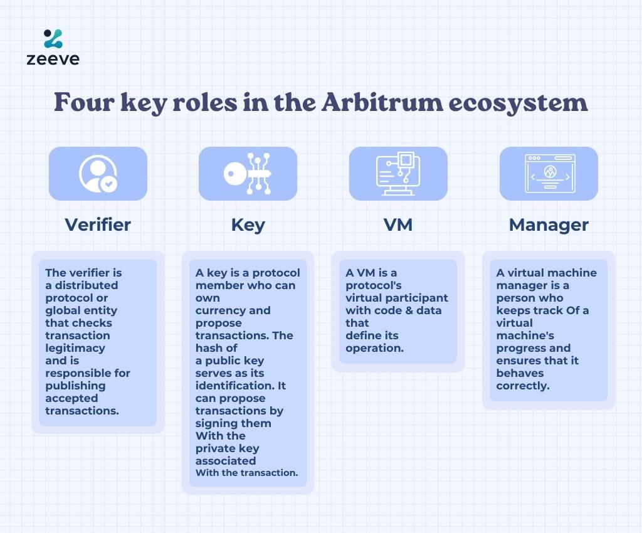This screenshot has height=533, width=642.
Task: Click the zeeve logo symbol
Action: pyautogui.click(x=53, y=38)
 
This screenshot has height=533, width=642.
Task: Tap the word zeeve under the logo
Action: pyautogui.click(x=53, y=60)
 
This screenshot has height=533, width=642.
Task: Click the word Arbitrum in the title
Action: pyautogui.click(x=382, y=102)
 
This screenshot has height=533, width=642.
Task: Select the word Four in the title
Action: pyautogui.click(x=84, y=102)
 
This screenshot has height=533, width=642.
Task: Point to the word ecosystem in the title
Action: pyautogui.click(x=518, y=103)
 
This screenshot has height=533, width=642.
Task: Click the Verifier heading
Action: pyautogui.click(x=98, y=224)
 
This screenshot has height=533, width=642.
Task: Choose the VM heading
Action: pyautogui.click(x=398, y=224)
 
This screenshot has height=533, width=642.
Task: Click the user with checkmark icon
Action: pyautogui.click(x=98, y=174)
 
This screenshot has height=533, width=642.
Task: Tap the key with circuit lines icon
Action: pyautogui.click(x=248, y=174)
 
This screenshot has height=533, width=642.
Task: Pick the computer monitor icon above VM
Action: pyautogui.click(x=398, y=174)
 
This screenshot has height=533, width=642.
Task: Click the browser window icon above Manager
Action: pyautogui.click(x=550, y=174)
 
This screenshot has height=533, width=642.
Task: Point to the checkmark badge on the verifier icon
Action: pyautogui.click(x=109, y=184)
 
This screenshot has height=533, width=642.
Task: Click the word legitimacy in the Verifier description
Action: pyautogui.click(x=75, y=349)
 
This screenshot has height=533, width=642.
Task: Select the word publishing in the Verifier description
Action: pyautogui.click(x=75, y=386)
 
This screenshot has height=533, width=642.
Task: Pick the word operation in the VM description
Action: pyautogui.click(x=375, y=349)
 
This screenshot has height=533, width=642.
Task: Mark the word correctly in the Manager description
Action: pyautogui.click(x=523, y=386)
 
